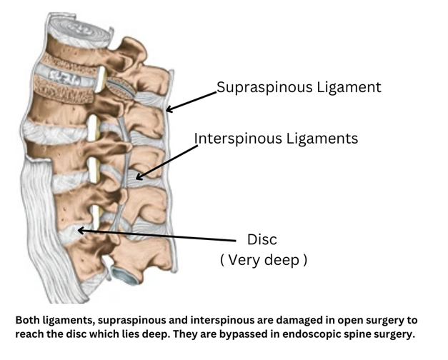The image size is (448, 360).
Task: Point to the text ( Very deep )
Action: click(x=264, y=260)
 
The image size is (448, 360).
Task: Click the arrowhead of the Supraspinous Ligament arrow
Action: click(x=169, y=111)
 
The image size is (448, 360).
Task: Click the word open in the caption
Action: click(x=321, y=320)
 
